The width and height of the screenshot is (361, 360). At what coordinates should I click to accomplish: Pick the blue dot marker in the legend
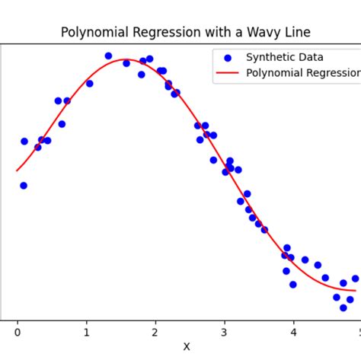(227, 57)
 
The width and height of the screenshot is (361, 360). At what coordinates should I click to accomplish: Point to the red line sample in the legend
(227, 73)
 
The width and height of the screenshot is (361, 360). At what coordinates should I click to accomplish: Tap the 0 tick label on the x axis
(18, 332)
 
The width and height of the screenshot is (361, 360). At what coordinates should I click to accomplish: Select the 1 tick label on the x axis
(86, 332)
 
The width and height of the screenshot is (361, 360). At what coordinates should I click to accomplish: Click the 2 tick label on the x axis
(155, 332)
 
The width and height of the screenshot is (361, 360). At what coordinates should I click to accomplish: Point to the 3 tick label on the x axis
(224, 332)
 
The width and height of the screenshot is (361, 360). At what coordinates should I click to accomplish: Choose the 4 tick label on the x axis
(292, 332)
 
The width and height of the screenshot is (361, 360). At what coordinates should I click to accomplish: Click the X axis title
(187, 346)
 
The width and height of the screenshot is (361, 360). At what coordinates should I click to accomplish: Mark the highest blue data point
(108, 56)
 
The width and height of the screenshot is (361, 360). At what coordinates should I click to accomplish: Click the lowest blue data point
(343, 307)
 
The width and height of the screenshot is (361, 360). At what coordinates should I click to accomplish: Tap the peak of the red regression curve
(126, 59)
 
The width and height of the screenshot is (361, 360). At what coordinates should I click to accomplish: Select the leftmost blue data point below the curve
(24, 185)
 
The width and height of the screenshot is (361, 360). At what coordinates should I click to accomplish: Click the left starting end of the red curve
(18, 170)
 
